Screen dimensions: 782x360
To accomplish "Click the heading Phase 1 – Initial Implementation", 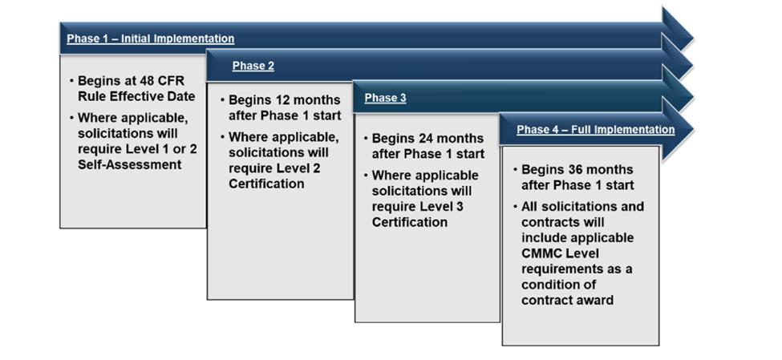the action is point(151,38).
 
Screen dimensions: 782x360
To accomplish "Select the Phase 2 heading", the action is point(253,66).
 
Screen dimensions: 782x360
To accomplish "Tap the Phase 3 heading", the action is point(385,98).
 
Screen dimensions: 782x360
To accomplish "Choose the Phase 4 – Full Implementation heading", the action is point(595,130).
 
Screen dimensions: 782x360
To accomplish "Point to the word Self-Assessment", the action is point(130,164).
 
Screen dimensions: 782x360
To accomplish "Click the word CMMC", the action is point(540,253).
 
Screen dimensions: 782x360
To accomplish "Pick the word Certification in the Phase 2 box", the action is point(266,184).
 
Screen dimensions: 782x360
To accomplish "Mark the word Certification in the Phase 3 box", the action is point(410,222).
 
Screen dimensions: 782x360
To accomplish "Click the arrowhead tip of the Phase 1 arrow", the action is point(693,36).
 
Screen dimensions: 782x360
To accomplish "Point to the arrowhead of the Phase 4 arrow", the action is point(677,129).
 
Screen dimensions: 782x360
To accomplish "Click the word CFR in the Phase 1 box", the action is point(174,81).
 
